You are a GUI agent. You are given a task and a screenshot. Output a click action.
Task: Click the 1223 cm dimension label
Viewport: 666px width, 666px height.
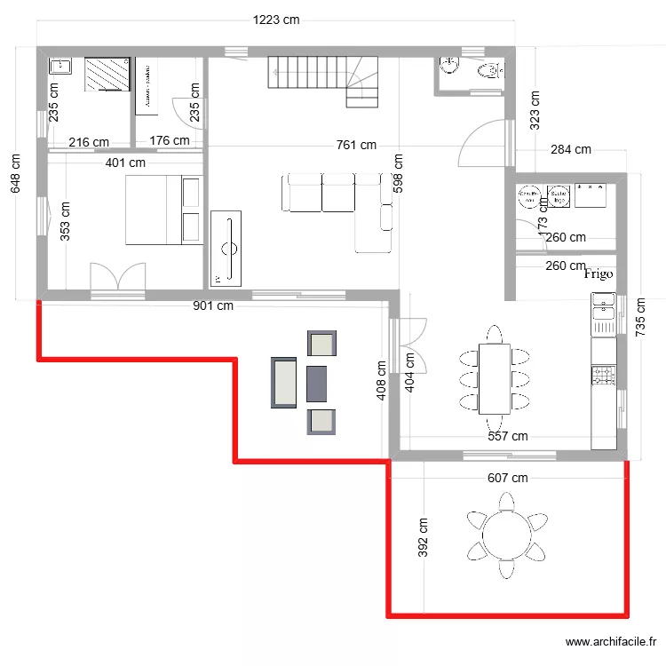pos(276,20)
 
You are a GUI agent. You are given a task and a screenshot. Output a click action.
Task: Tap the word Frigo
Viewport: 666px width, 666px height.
pos(599,274)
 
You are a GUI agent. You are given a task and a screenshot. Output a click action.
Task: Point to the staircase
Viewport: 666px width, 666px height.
pos(324,78)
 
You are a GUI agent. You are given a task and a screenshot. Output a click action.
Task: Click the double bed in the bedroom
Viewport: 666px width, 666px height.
pos(164,209)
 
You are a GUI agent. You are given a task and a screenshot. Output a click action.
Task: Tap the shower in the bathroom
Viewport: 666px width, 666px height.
pos(107,74)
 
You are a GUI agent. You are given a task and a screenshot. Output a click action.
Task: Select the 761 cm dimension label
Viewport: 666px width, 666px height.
pos(355,145)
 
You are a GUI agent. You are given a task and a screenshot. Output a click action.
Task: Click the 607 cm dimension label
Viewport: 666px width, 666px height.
pos(507,478)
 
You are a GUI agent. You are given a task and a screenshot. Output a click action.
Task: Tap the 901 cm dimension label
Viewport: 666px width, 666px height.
pos(213,306)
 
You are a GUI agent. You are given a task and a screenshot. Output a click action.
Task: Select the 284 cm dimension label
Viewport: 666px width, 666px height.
pos(570,149)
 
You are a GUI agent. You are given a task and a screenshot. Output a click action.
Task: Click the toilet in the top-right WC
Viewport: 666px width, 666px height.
pos(488,71)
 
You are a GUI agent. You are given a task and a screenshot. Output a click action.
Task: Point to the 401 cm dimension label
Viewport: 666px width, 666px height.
pos(125,163)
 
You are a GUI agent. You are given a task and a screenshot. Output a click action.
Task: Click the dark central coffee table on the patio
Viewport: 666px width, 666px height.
pos(318,383)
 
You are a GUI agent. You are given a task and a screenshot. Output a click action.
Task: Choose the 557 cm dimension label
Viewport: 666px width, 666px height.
pos(507,436)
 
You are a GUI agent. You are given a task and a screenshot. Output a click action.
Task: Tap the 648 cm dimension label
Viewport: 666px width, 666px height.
pos(15,175)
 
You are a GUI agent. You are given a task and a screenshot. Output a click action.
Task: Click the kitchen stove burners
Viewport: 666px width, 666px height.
pos(603,376)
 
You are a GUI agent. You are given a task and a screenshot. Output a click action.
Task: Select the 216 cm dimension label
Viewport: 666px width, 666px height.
pos(89,141)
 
